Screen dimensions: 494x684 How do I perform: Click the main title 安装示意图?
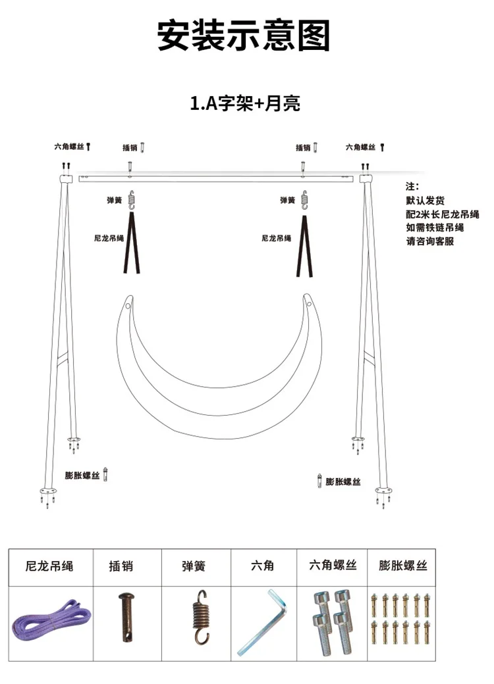(x=244, y=36)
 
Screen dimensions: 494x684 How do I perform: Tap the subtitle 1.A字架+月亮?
(x=245, y=103)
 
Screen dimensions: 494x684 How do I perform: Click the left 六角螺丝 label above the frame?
(x=69, y=147)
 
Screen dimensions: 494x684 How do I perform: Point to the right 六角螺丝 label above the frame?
(x=360, y=147)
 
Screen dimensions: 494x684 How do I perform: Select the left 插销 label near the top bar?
(x=130, y=147)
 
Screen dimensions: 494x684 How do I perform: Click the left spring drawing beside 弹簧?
(x=132, y=199)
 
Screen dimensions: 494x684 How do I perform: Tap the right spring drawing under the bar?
(x=304, y=199)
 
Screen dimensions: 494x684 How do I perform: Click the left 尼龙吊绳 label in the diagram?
(x=109, y=238)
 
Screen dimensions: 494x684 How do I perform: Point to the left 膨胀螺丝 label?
(x=82, y=475)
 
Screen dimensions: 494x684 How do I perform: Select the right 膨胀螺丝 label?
(x=343, y=482)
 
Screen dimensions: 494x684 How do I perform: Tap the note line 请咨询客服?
(x=429, y=241)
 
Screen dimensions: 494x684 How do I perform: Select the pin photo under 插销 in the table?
(x=126, y=617)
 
